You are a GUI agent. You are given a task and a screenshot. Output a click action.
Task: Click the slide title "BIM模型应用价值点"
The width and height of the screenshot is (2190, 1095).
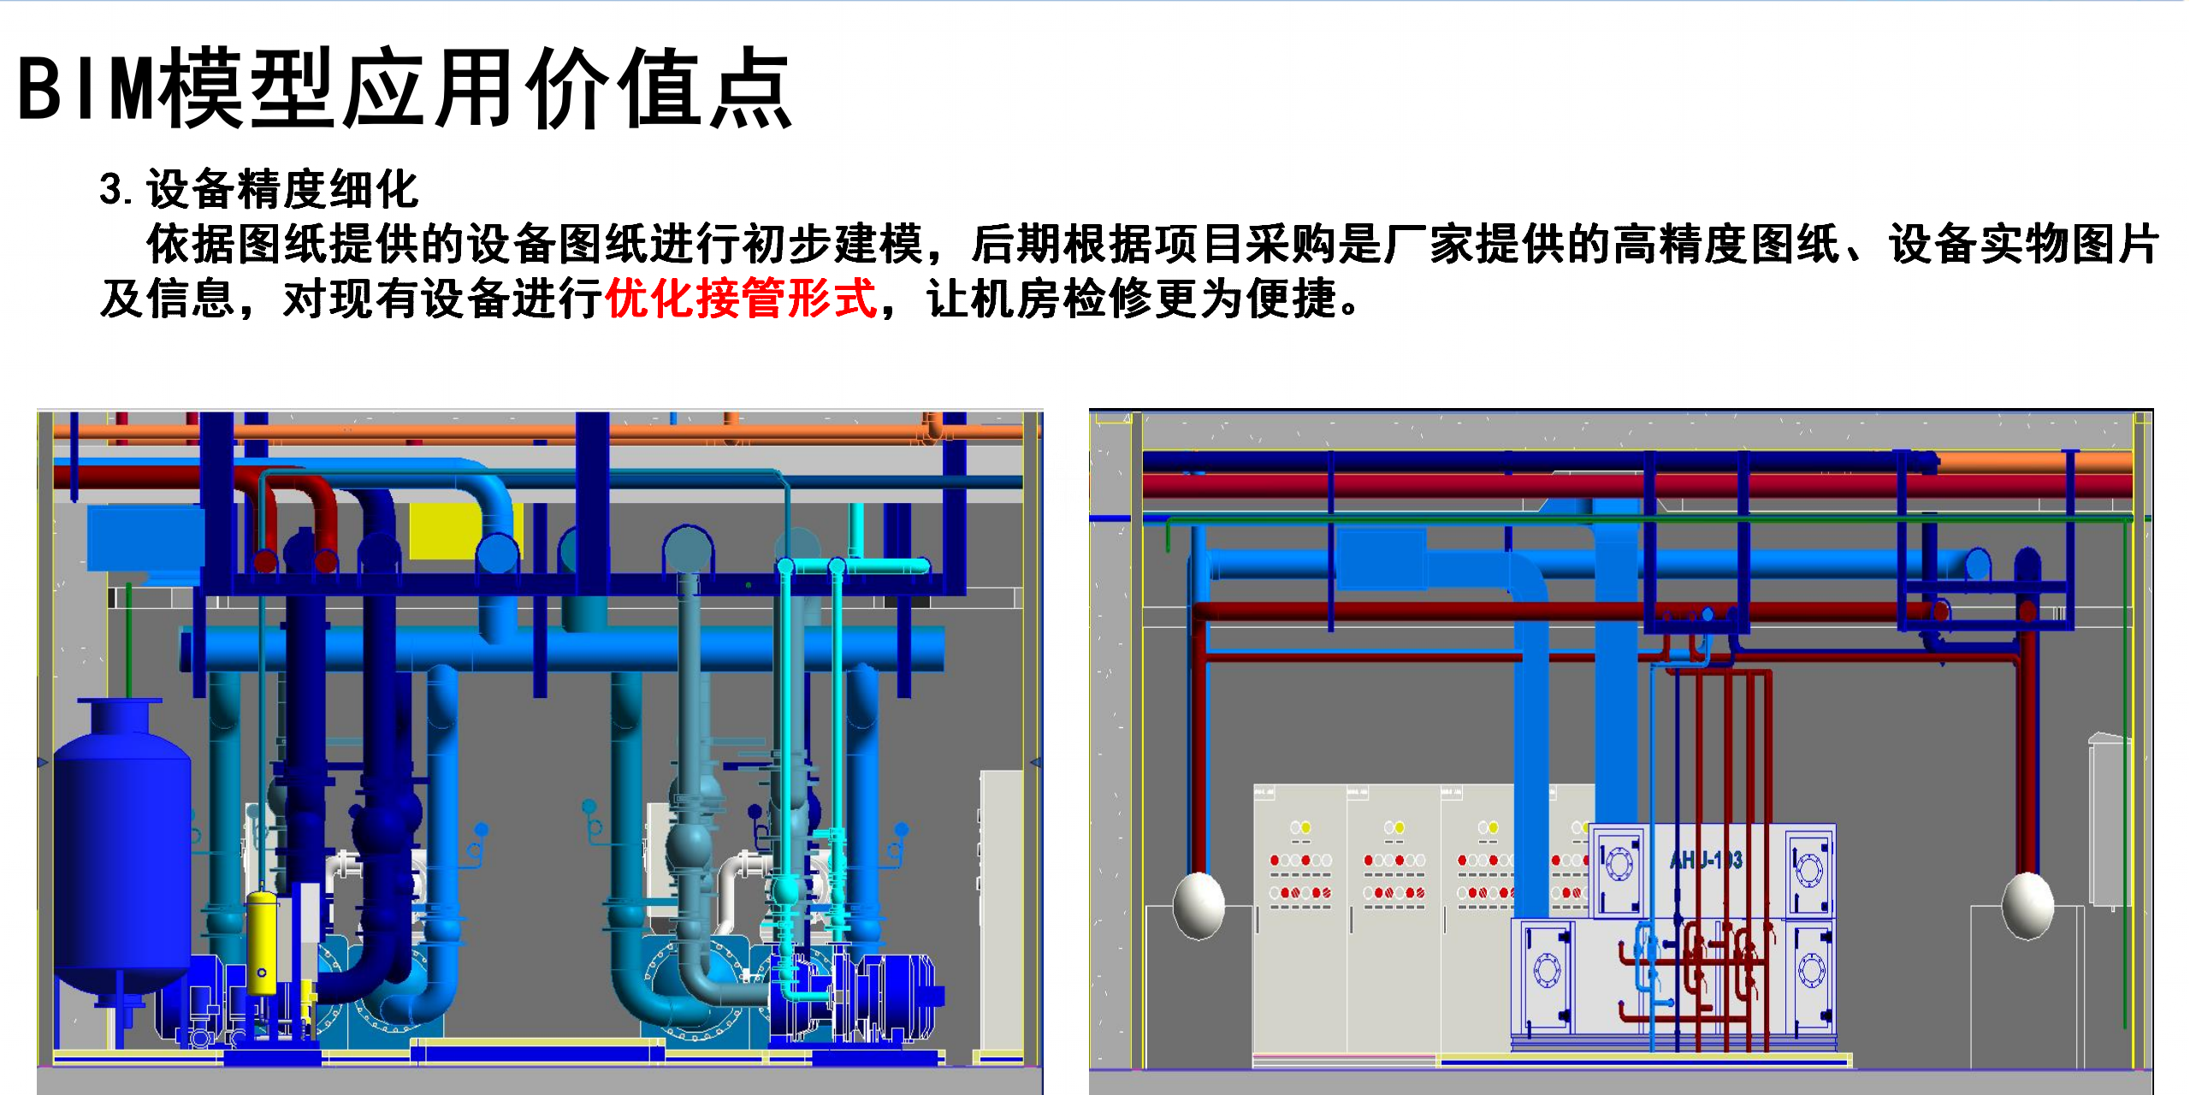click(x=404, y=89)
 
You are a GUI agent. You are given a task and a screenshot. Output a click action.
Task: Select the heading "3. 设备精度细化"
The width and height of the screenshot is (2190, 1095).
click(x=258, y=189)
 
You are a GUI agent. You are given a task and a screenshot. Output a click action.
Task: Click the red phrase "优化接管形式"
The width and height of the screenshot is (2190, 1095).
click(x=741, y=299)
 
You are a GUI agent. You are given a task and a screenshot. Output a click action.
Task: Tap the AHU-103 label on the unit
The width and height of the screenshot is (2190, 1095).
click(x=1706, y=860)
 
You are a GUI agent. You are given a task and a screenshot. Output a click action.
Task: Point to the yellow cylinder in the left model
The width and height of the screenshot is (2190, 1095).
click(x=262, y=941)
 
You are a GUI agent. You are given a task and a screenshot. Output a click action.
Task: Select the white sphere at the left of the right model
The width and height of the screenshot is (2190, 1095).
click(x=1198, y=904)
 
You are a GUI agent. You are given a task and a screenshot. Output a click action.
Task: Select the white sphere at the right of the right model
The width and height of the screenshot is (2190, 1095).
click(x=2027, y=904)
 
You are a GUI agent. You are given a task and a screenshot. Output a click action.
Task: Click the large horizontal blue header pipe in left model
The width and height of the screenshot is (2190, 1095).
click(x=565, y=650)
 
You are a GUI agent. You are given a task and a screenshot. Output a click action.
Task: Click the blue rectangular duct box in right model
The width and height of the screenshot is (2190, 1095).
click(x=1381, y=558)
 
